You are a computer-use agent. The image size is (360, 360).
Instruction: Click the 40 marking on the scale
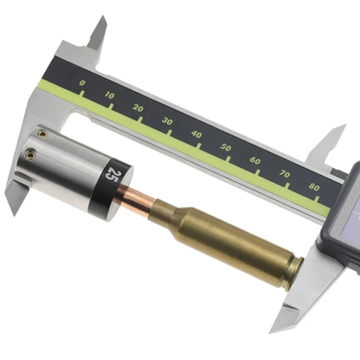pyautogui.click(x=197, y=134)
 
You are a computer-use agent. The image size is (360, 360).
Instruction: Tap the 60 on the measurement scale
pyautogui.click(x=256, y=160)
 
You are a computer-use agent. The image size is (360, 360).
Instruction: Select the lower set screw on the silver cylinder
pyautogui.click(x=31, y=153)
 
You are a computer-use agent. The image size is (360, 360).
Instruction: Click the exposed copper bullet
pyautogui.click(x=136, y=195)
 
